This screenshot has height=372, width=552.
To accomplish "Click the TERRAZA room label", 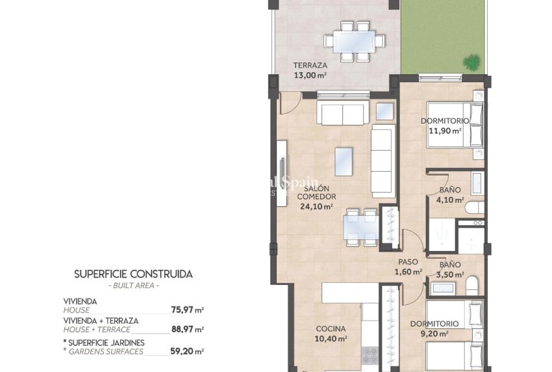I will pos(310,66).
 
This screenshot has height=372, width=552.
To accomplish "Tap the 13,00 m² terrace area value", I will pos(310,75).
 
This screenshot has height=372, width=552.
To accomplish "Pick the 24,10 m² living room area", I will pos(316,207).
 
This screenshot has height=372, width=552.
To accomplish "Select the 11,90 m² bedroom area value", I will pos(445,130).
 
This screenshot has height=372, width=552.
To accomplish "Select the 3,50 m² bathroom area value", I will pos(450,274).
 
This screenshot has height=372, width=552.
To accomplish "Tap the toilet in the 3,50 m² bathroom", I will pos(473,284).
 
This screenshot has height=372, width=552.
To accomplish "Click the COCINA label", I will pos(331,329).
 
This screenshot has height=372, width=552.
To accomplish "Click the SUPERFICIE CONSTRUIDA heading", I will pos(133,274).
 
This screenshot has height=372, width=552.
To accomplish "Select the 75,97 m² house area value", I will pos(189,310).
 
